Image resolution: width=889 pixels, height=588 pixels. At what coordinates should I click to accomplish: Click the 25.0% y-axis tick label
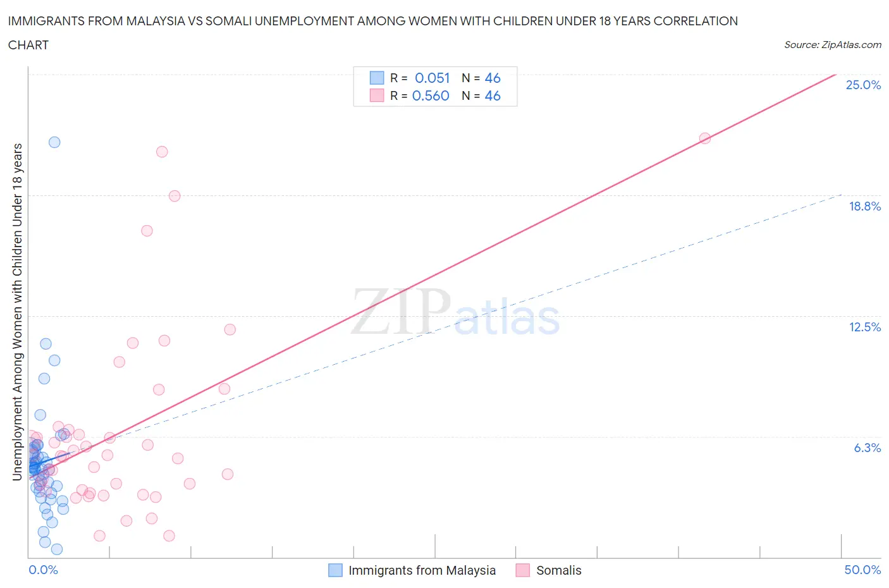[x=863, y=85]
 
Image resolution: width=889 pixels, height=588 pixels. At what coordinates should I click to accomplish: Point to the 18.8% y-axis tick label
[x=864, y=206]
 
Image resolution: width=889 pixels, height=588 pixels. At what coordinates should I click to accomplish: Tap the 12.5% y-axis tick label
[x=864, y=327]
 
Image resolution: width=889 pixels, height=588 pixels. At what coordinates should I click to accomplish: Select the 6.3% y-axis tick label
[x=867, y=448]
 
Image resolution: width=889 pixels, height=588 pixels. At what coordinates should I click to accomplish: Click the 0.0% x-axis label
[x=43, y=570]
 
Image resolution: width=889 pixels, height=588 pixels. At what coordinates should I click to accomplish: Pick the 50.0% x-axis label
[x=862, y=570]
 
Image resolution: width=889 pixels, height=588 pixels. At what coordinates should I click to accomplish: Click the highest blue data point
[x=54, y=142]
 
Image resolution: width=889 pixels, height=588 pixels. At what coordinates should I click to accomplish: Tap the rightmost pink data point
[x=704, y=138]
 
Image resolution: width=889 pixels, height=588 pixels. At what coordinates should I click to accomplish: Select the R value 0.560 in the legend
[x=431, y=95]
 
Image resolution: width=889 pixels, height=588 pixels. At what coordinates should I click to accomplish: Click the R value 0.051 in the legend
[x=432, y=78]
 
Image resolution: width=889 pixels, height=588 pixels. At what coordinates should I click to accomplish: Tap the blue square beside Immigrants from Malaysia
[x=335, y=570]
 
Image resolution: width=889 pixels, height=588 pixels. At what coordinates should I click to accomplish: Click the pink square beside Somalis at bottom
[x=522, y=570]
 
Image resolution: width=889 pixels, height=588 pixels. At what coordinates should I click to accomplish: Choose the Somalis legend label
[x=558, y=570]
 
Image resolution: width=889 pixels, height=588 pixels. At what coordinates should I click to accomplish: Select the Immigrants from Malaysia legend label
[x=422, y=570]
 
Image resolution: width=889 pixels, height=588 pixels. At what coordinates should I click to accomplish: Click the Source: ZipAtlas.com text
[x=832, y=44]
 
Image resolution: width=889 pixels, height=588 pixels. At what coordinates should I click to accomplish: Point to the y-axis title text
[x=18, y=312]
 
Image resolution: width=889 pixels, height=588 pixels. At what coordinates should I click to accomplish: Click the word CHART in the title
[x=28, y=45]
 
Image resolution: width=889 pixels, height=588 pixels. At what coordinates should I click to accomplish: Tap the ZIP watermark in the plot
[x=401, y=311]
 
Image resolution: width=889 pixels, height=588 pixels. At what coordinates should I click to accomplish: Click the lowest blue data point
[x=56, y=549]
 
